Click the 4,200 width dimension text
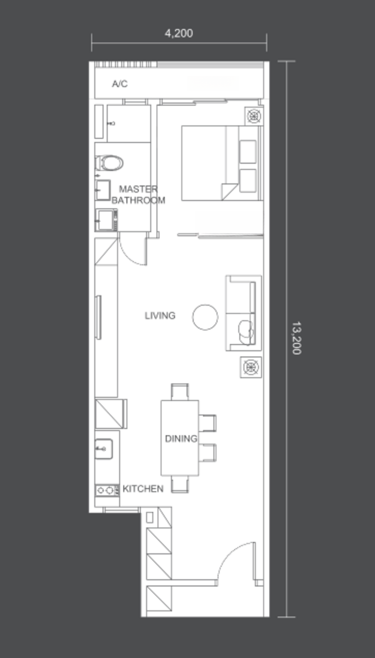179,33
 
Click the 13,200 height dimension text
296,338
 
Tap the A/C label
120,84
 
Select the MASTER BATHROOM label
138,194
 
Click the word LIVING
160,315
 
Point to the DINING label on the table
181,439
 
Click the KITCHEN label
143,489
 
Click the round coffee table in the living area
205,317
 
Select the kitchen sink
104,449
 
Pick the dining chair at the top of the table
180,392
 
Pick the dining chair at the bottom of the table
180,484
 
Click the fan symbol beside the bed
254,116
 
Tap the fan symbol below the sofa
251,367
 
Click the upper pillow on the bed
247,152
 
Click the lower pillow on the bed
247,181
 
